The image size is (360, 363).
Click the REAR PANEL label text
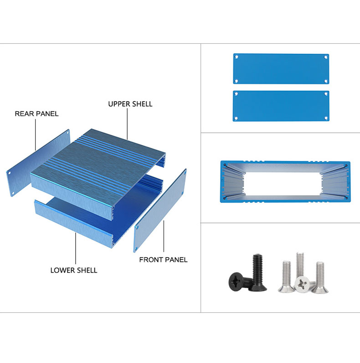[36, 114]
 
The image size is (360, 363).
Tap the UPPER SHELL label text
[130, 104]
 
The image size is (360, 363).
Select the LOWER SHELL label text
[74, 270]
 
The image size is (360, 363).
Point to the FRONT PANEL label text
[163, 260]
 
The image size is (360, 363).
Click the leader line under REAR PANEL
[36, 135]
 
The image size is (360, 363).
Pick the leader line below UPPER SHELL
[127, 124]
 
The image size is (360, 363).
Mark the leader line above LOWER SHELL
[76, 248]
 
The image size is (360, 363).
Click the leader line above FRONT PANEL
[164, 236]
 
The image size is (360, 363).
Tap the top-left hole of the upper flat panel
[237, 57]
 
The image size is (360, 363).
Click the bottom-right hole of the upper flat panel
[326, 81]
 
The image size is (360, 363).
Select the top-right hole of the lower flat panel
[326, 94]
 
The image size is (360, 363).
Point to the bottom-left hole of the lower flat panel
[236, 118]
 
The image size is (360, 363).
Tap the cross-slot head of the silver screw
[302, 284]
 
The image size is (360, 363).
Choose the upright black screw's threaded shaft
[258, 270]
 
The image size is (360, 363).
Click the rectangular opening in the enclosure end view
[283, 184]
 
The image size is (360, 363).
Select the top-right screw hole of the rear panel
[68, 133]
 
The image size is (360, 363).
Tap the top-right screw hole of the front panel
[185, 172]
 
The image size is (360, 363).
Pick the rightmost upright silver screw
[320, 277]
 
